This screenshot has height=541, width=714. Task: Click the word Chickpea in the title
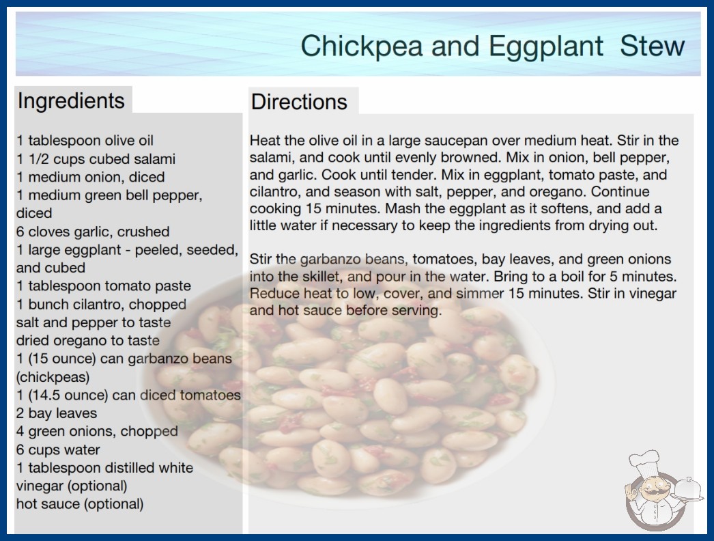(362, 46)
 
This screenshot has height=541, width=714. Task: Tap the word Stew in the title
(652, 46)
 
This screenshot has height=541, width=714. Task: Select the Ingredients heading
(71, 101)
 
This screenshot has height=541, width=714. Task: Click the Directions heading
(299, 102)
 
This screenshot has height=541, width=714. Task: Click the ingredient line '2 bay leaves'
(57, 413)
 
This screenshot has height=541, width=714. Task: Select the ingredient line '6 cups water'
(58, 449)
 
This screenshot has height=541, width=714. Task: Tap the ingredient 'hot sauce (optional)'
(80, 504)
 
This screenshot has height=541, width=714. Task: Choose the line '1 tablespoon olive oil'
(85, 141)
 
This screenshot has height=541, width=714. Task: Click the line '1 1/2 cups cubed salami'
(96, 158)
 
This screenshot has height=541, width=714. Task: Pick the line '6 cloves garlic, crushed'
(93, 232)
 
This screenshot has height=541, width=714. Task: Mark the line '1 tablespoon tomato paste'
(103, 286)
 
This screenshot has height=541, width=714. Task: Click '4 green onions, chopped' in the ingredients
(97, 431)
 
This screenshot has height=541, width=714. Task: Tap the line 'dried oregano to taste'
(88, 340)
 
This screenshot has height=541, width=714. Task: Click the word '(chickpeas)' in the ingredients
(53, 377)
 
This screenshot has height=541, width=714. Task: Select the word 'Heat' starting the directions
(265, 141)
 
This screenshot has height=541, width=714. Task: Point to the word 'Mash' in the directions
(401, 208)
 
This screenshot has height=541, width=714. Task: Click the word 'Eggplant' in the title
(546, 46)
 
